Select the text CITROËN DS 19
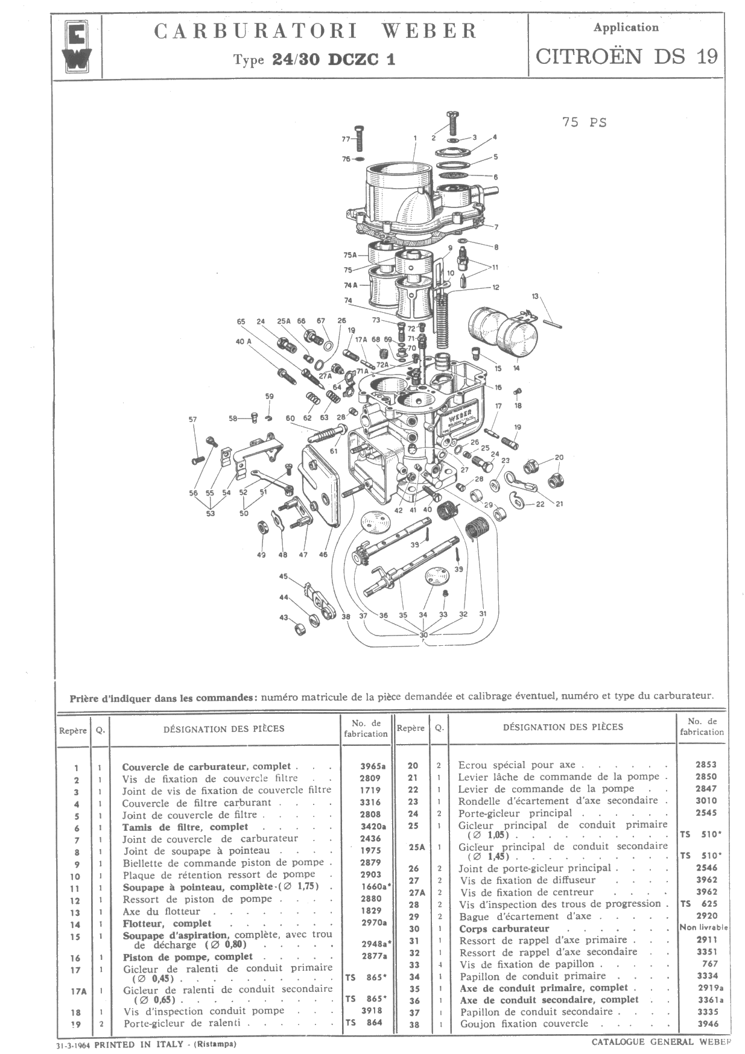tap(627, 57)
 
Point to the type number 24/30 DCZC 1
tap(334, 60)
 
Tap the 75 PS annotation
tap(584, 122)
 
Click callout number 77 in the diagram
tap(346, 139)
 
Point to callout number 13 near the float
tap(535, 296)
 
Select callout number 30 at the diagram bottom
tap(423, 635)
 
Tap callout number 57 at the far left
tap(193, 420)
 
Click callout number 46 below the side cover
tap(323, 554)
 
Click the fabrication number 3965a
tap(373, 766)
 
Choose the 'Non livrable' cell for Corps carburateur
tap(703, 927)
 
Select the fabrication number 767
tap(710, 964)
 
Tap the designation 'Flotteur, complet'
tap(167, 923)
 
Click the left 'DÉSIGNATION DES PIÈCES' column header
tap(224, 728)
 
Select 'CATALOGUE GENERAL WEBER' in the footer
tap(661, 1041)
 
